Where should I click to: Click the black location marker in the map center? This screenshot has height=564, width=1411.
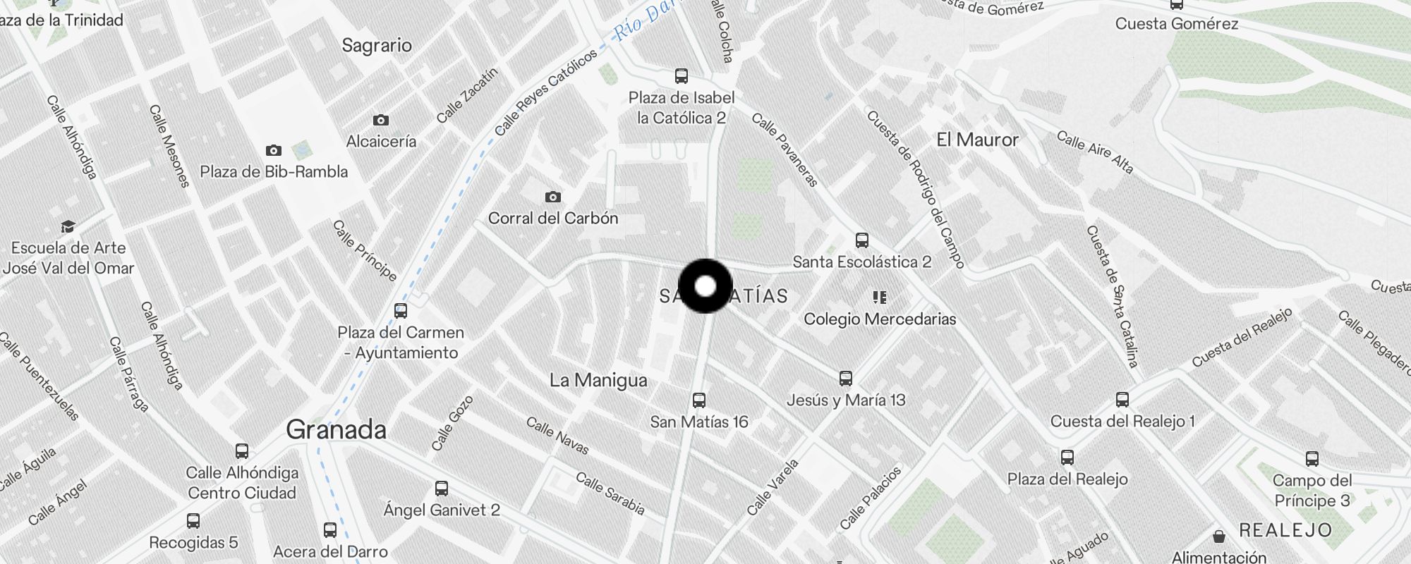coord(705,286)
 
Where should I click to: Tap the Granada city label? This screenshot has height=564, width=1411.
coord(336,429)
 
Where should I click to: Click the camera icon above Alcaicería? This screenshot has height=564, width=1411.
coord(381,121)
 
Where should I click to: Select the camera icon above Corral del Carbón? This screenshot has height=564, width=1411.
coord(553,197)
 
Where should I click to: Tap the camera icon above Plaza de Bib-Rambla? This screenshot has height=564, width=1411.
coord(274,150)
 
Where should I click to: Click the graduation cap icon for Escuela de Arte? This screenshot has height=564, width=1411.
coord(68,226)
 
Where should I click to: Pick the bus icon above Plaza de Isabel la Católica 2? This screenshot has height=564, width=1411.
coord(681,76)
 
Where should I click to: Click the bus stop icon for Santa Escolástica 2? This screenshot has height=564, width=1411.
coord(861,240)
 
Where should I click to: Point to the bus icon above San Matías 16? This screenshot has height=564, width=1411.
coord(698,400)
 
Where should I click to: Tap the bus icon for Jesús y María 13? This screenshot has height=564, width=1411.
coord(846,379)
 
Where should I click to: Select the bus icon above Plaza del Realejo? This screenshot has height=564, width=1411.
coord(1067,458)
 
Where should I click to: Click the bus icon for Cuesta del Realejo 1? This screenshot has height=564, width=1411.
coord(1122,400)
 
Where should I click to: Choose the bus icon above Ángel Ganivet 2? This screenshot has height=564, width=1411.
coord(442,488)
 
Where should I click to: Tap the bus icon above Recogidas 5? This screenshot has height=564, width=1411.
coord(193,521)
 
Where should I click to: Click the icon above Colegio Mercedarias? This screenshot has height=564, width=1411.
coord(879,297)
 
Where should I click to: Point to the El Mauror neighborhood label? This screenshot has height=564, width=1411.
coord(977,140)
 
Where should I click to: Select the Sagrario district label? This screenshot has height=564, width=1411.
coord(377,45)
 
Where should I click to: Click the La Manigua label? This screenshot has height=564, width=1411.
coord(598,380)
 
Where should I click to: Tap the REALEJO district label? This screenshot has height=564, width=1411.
coord(1285,530)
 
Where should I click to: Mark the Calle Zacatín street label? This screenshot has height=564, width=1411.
coord(467,95)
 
